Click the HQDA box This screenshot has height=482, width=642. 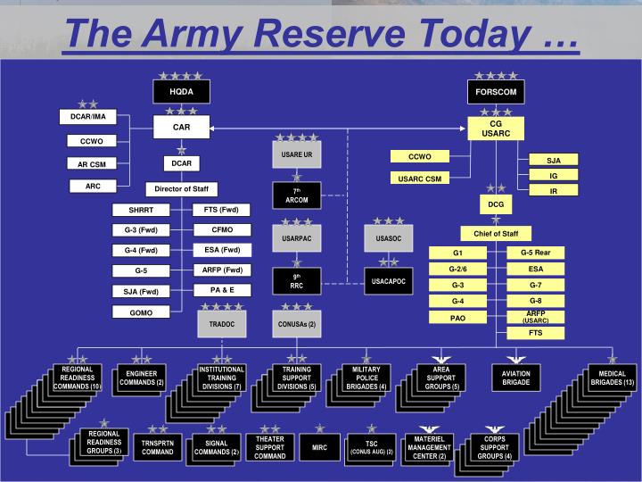(181, 92)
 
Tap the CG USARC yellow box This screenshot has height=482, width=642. (496, 129)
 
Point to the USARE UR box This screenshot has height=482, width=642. (295, 154)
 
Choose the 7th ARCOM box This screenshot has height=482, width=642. (295, 195)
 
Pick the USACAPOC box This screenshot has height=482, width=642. (388, 281)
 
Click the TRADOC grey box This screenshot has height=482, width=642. (221, 323)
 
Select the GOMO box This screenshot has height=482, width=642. (140, 312)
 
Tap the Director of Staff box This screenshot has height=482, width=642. (181, 188)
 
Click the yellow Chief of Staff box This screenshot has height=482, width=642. (496, 233)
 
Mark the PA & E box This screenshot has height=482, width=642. (222, 290)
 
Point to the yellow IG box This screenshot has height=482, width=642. (553, 176)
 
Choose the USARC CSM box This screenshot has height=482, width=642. (420, 178)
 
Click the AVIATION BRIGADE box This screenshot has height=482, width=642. (515, 377)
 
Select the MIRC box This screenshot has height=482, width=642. (319, 445)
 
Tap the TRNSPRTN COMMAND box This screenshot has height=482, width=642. (158, 446)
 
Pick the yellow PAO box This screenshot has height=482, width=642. (458, 317)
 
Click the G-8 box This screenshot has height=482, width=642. (535, 301)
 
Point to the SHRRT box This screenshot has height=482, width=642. (140, 211)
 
